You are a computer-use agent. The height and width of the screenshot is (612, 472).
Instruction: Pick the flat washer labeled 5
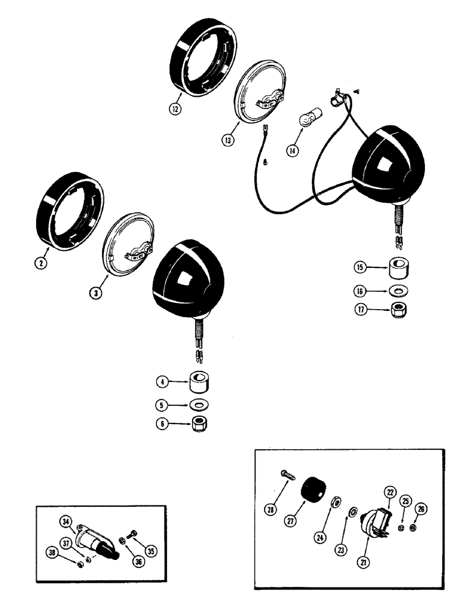coord(198,406)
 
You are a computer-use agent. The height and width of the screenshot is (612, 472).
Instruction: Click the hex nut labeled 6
coord(198,424)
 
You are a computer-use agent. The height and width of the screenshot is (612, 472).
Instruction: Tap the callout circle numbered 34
coord(65,521)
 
